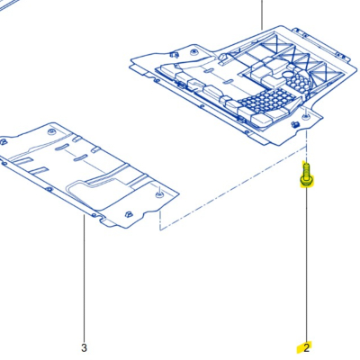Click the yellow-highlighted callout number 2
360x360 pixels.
(306, 348)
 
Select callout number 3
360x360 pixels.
(84, 348)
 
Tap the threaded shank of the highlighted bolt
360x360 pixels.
(306, 170)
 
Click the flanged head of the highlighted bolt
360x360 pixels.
(306, 181)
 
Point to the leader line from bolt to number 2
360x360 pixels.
(306, 265)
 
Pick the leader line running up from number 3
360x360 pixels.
(85, 279)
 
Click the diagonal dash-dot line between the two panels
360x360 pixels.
(234, 189)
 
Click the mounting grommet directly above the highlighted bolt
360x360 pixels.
(305, 116)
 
